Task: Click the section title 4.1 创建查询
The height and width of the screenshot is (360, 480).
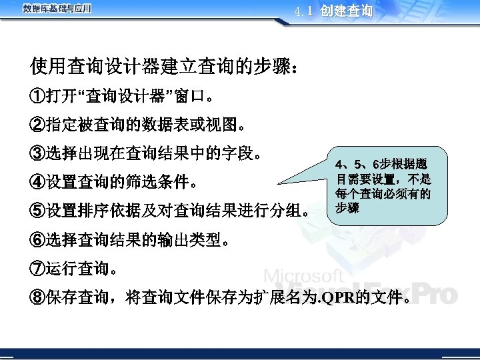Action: click(333, 11)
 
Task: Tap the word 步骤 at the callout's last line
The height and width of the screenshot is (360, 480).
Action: click(347, 209)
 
